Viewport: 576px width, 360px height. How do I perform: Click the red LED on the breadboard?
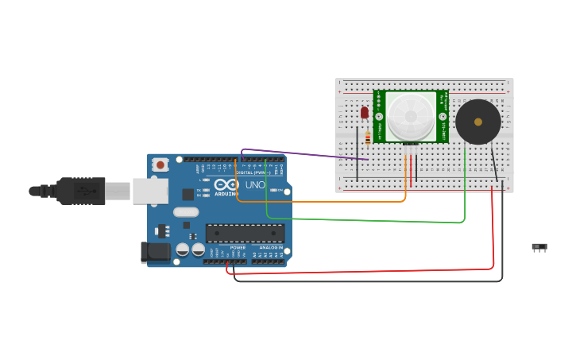point(365,113)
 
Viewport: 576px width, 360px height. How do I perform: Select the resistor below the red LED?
point(367,138)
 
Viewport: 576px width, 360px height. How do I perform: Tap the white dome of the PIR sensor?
point(411,116)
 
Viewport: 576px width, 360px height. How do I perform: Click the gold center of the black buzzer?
point(478,122)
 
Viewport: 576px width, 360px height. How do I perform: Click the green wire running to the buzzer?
point(365,219)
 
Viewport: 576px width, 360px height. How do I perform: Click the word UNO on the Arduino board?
point(255,185)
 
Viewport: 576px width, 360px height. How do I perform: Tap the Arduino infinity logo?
point(226,184)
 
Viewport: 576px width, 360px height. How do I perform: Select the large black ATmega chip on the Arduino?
point(245,233)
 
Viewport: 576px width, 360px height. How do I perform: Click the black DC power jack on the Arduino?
point(155,252)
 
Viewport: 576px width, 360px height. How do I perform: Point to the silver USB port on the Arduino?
point(149,191)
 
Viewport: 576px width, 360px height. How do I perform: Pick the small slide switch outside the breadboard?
point(539,248)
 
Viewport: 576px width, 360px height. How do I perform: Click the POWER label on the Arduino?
point(238,247)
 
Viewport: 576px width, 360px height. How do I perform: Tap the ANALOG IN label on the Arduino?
point(271,247)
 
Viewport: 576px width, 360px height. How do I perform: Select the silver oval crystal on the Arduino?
point(185,212)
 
